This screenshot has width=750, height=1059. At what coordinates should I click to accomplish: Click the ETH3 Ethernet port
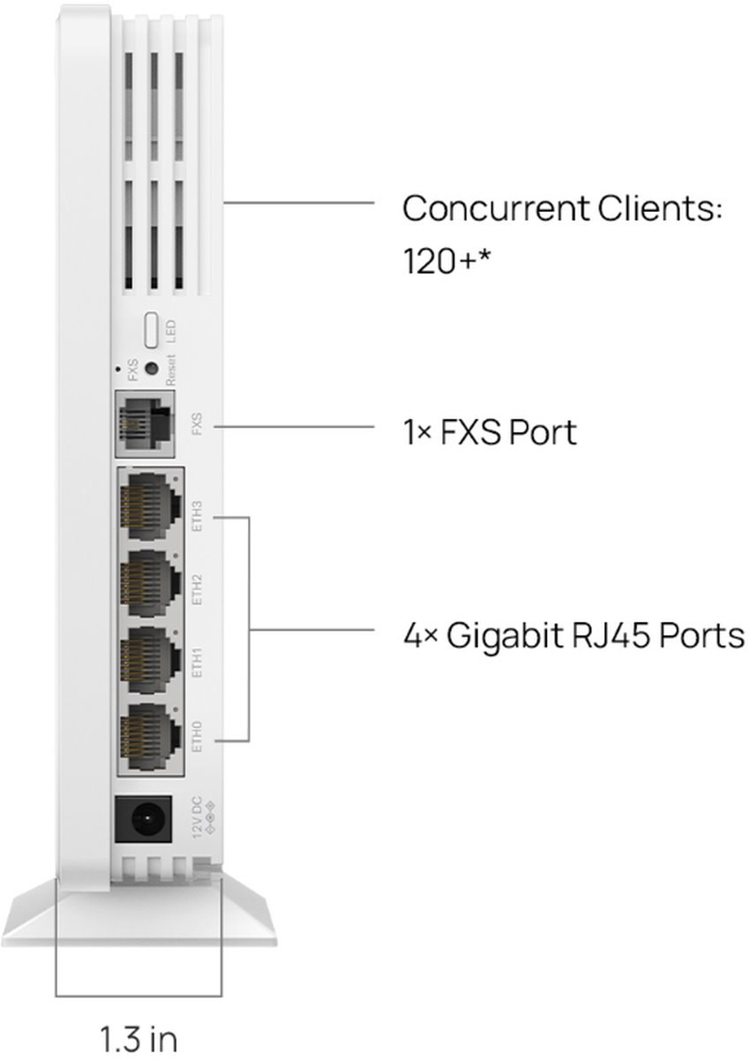[150, 507]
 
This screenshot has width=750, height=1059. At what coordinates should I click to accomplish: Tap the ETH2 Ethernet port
[150, 583]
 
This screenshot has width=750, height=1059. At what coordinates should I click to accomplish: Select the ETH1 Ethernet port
[150, 660]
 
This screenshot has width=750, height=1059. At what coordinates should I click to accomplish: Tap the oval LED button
[151, 329]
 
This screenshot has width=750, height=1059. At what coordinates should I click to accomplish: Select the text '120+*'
[446, 260]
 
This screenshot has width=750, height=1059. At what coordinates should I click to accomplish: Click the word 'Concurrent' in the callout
[496, 208]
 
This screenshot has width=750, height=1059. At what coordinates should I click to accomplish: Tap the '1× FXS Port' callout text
[490, 432]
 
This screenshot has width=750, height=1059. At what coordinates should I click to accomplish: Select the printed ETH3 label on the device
[197, 516]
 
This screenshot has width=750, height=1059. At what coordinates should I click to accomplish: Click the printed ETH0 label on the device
[197, 737]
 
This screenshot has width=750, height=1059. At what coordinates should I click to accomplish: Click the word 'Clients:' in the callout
[660, 208]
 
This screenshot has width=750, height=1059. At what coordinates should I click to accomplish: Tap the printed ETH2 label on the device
[197, 590]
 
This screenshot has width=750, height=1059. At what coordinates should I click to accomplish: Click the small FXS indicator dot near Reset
[117, 368]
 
